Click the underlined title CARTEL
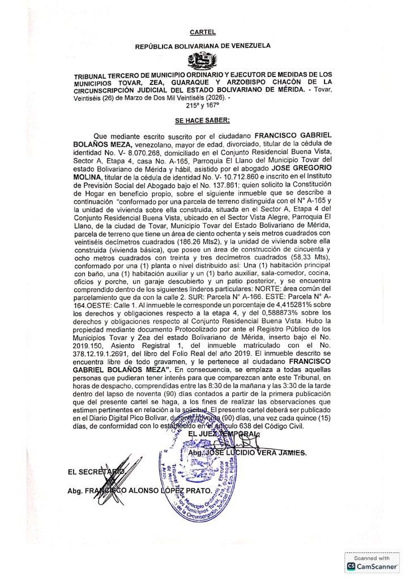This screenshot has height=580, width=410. coord(203,33)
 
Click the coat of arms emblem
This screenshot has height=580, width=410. coord(203,60)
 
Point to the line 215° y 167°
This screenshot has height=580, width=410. coord(202,105)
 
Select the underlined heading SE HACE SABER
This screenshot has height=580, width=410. coord(202,121)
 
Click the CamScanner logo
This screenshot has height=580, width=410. coord(371,566)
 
